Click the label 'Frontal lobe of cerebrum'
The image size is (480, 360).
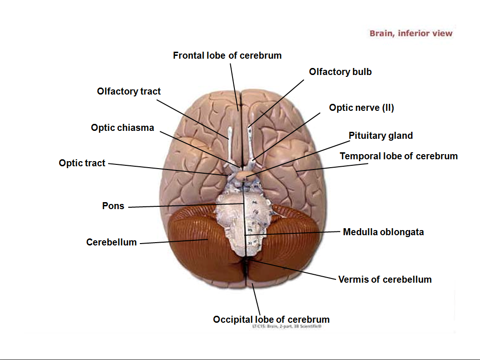[x=227, y=55]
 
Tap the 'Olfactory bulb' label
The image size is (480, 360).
[x=340, y=72]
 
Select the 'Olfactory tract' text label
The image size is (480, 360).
[x=129, y=91]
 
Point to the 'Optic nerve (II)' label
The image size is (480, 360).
[x=361, y=108]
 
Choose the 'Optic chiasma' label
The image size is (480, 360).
[x=122, y=128]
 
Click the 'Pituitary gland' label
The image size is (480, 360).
[x=381, y=136]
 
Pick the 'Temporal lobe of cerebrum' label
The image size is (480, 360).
[x=398, y=156]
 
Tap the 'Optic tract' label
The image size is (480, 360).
[x=82, y=163]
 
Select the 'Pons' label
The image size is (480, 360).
[x=113, y=206]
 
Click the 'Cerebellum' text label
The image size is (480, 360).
[x=111, y=242]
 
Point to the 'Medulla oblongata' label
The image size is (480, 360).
[x=383, y=232]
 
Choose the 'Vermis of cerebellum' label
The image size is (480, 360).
[x=384, y=279]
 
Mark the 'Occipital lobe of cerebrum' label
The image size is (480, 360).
[x=271, y=319]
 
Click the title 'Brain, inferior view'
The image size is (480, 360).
[x=411, y=33]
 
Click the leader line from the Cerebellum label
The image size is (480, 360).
[x=172, y=241]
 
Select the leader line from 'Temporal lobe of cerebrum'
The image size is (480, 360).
[x=322, y=166]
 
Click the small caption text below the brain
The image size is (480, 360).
[x=286, y=327]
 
